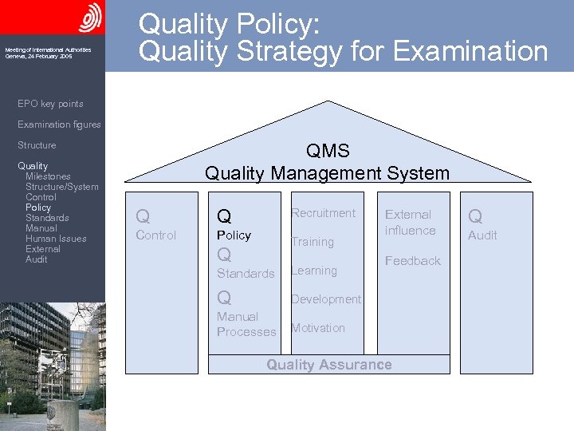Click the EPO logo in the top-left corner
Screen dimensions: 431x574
click(x=88, y=18)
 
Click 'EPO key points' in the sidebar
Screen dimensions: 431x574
click(x=50, y=104)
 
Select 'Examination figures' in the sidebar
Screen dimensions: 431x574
click(x=59, y=125)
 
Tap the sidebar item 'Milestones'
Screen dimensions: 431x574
click(x=48, y=176)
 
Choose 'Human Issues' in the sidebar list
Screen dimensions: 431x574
click(x=56, y=239)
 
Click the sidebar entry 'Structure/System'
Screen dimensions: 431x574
click(x=62, y=187)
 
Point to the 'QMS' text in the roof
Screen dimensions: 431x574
click(x=327, y=152)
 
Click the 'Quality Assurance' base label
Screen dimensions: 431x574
click(x=328, y=365)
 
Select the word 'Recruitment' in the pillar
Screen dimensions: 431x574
click(x=323, y=213)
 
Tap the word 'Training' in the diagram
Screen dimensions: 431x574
click(x=312, y=242)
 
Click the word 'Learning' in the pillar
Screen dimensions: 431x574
click(x=313, y=271)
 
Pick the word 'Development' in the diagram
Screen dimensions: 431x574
click(x=325, y=299)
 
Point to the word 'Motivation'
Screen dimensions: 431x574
click(x=317, y=328)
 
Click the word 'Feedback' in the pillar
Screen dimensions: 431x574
click(x=412, y=261)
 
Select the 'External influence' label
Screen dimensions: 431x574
click(x=410, y=223)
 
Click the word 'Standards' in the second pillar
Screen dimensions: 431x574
click(x=246, y=274)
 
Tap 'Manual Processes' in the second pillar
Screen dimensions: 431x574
click(x=246, y=324)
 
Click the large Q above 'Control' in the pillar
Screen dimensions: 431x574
click(x=143, y=216)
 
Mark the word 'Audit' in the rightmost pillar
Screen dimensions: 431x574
click(x=482, y=235)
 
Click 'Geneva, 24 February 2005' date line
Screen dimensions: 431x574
click(x=38, y=57)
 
